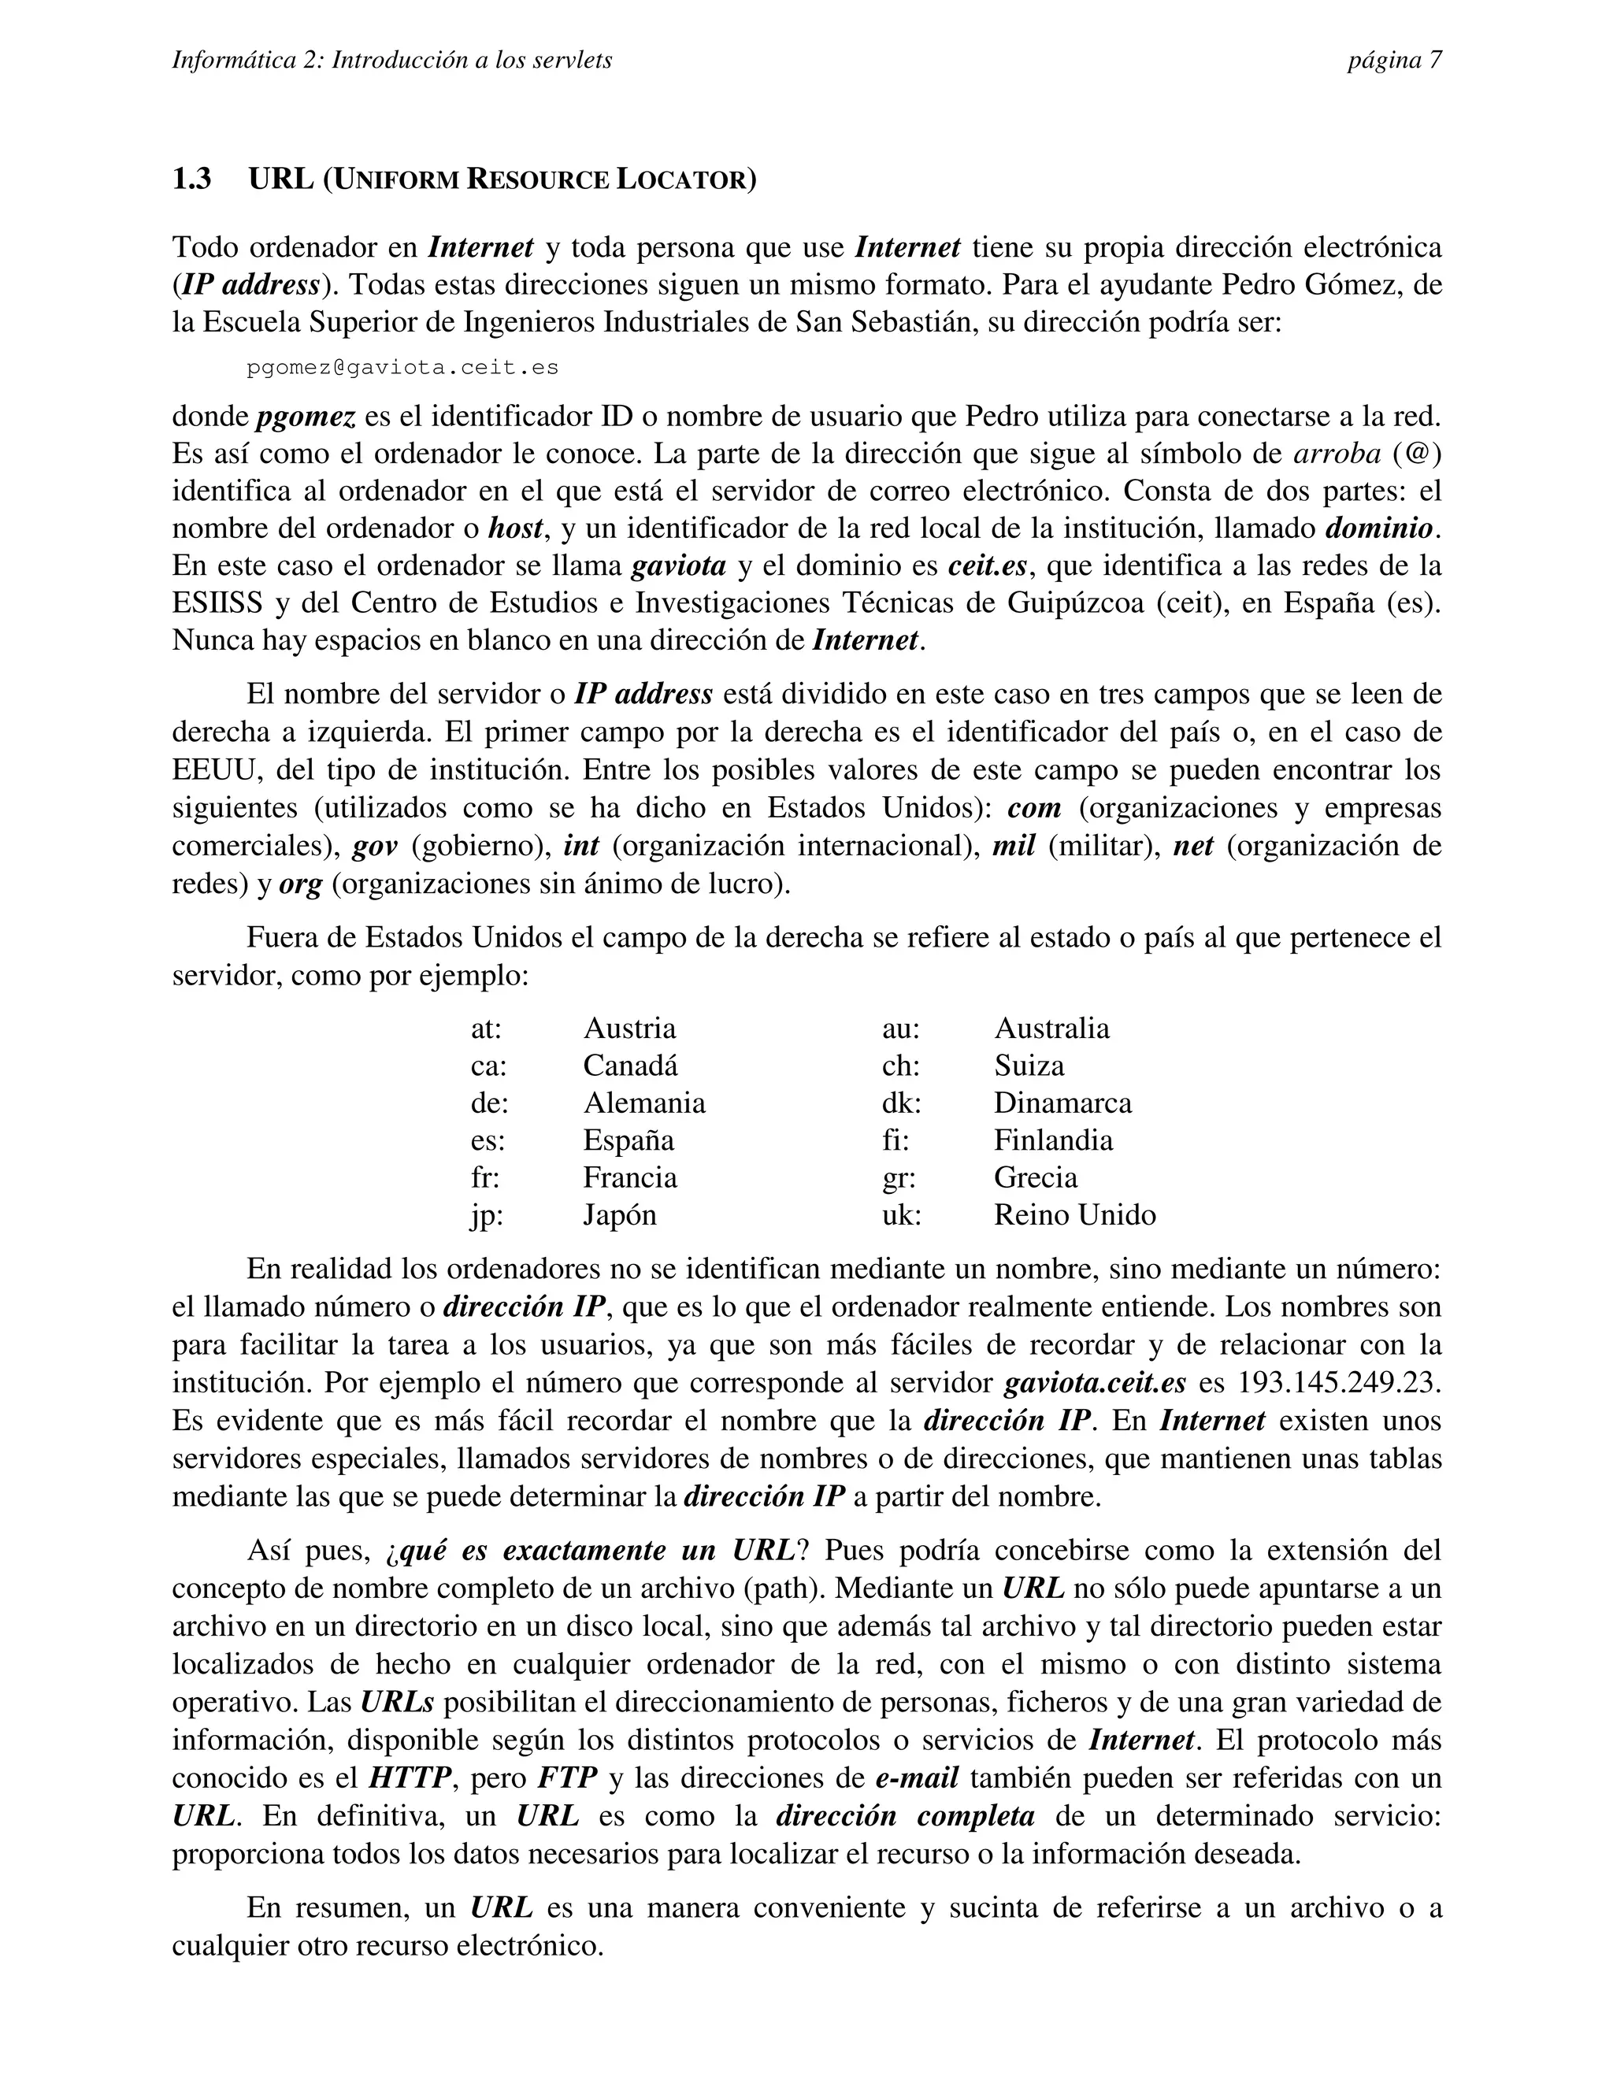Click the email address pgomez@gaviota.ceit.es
(402, 368)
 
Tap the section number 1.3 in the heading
(192, 179)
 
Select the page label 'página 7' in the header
(1394, 60)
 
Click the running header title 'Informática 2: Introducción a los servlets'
(391, 60)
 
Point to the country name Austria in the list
(629, 1029)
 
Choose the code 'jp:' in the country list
(487, 1214)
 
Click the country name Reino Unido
(1074, 1214)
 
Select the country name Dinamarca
(1062, 1103)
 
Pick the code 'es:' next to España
(488, 1140)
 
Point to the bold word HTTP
(410, 1777)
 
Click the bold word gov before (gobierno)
(375, 846)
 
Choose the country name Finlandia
(1052, 1140)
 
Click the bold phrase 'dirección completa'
(905, 1815)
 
